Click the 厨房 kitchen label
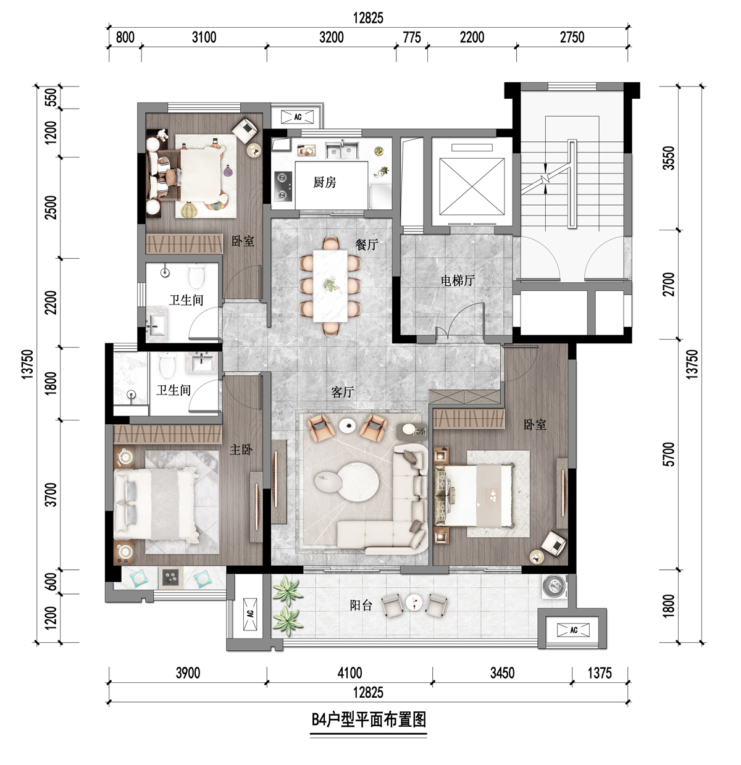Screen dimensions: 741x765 pos(324,182)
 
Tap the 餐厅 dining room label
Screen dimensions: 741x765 pos(366,245)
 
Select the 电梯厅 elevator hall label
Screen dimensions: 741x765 pos(458,280)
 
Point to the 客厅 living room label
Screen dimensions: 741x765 pos(342,392)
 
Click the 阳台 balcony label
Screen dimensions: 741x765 pos(361,605)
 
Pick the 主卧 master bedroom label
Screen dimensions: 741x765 pos(241,449)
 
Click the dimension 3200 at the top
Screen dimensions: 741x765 pos(332,37)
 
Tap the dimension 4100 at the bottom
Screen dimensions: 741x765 pos(350,672)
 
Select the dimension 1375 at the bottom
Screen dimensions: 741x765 pos(600,672)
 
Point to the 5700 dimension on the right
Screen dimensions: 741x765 pos(669,454)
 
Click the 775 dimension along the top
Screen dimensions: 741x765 pos(412,37)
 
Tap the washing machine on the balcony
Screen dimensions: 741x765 pos(555,587)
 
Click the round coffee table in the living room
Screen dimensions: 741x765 pos(359,482)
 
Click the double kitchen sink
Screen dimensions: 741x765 pos(342,150)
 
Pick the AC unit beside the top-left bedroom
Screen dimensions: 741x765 pos(298,117)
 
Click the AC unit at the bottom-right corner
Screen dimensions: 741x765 pos(573,630)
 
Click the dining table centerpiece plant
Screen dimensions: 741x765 pos(332,284)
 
